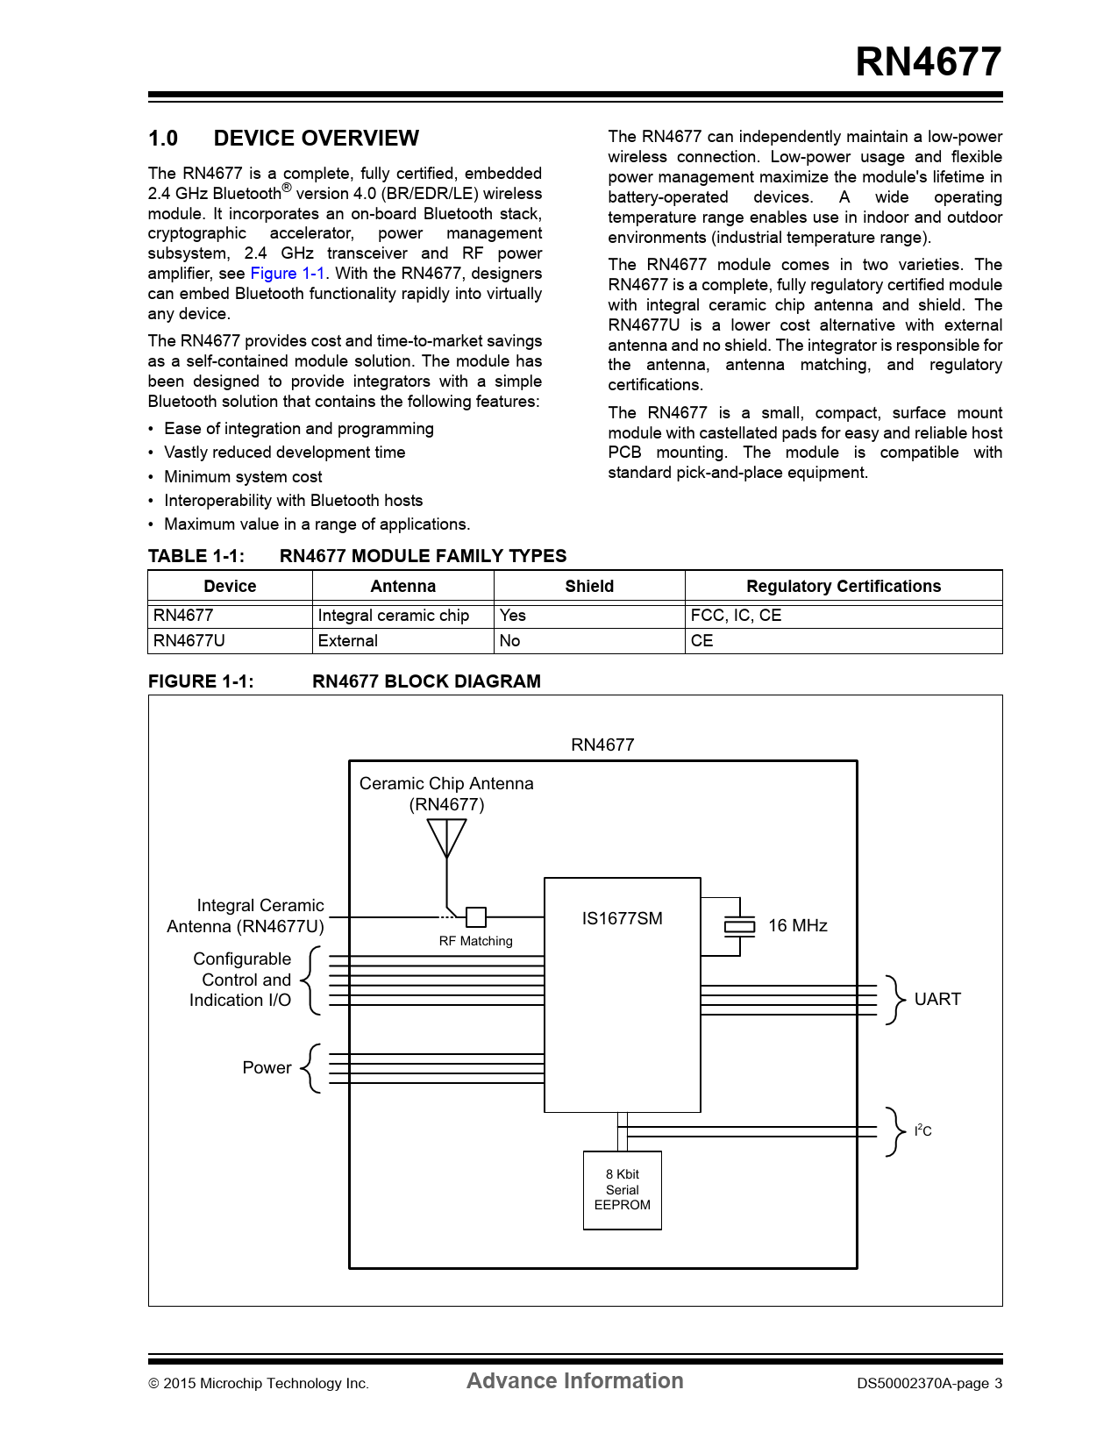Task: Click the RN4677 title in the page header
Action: (x=928, y=62)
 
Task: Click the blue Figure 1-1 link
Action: (x=288, y=274)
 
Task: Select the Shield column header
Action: (x=589, y=587)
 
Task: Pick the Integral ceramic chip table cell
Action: (x=394, y=616)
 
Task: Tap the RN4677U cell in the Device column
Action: (x=189, y=641)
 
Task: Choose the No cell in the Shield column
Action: (x=510, y=641)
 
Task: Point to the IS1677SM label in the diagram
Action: (x=622, y=918)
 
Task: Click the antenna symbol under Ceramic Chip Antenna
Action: (x=446, y=838)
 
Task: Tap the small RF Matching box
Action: (x=475, y=917)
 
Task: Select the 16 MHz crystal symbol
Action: (x=739, y=926)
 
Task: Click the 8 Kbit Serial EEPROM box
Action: (x=622, y=1190)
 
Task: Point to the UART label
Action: (x=937, y=1000)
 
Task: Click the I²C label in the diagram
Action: (x=922, y=1131)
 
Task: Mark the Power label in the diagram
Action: (x=267, y=1068)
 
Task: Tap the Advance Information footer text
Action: (x=574, y=1381)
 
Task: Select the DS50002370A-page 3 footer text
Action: (x=929, y=1384)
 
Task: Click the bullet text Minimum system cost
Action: (x=243, y=477)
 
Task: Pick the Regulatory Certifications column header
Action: (x=843, y=587)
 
